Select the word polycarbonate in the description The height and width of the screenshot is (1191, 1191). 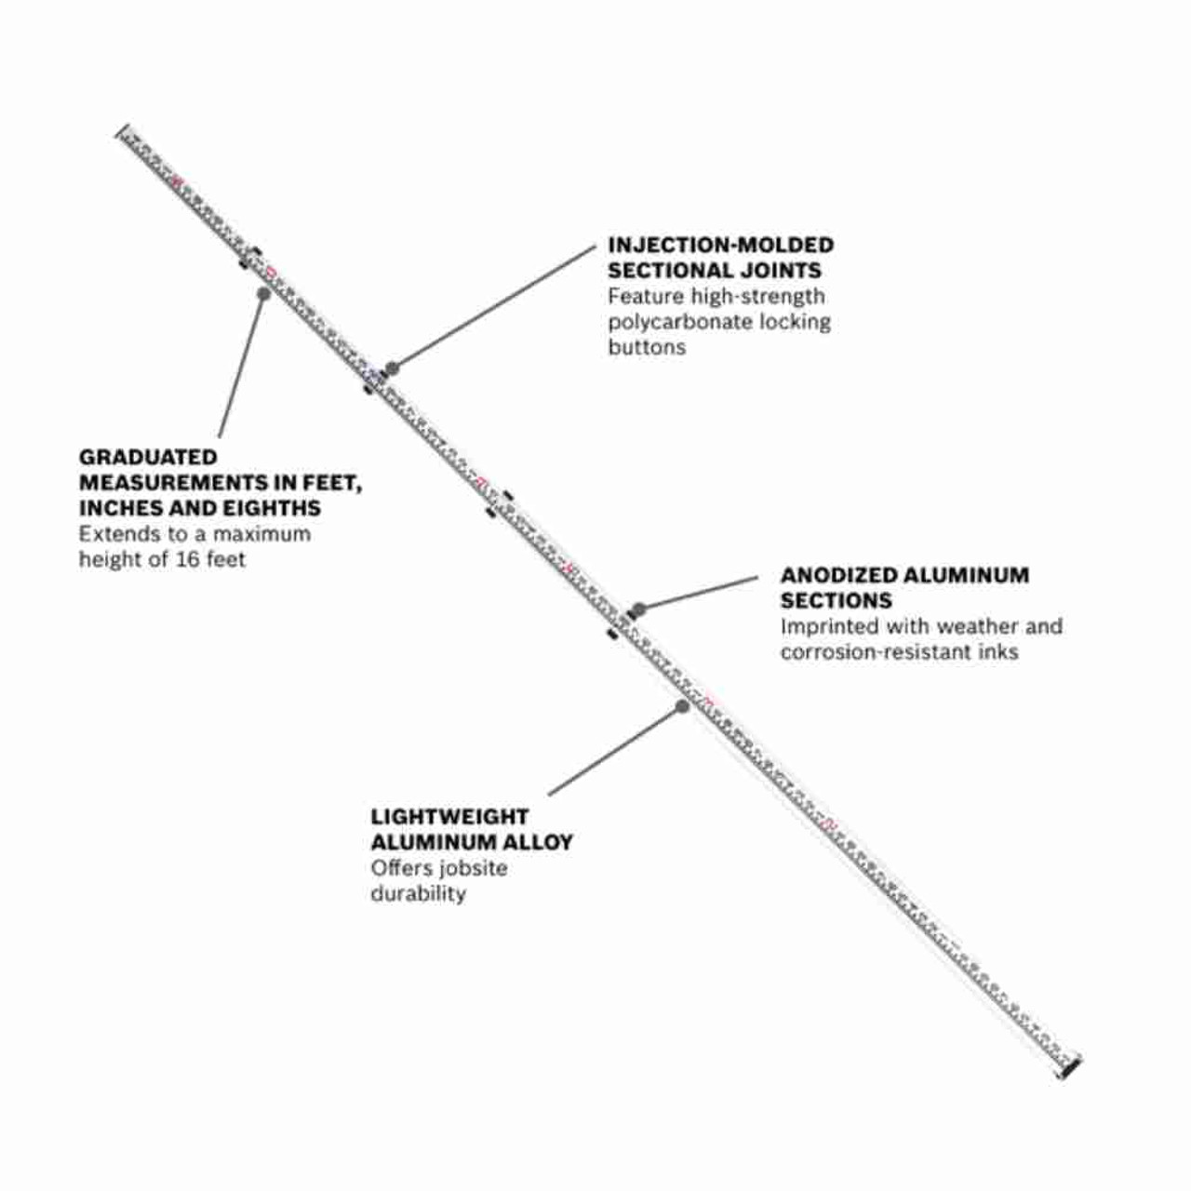(x=679, y=322)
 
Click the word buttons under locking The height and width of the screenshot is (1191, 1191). (x=647, y=347)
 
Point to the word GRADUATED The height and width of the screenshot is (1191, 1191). (x=147, y=457)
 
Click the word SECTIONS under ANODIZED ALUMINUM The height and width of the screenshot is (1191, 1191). (x=836, y=601)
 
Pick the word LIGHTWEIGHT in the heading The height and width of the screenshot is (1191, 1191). (x=449, y=817)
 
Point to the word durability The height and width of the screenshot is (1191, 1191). (x=418, y=893)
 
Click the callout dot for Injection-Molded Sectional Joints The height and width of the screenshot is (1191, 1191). (x=393, y=368)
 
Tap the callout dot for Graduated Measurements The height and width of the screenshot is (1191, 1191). (x=263, y=293)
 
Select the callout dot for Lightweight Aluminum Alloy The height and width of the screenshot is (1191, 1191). (x=682, y=706)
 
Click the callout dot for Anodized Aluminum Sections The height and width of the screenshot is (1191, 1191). (x=638, y=609)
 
